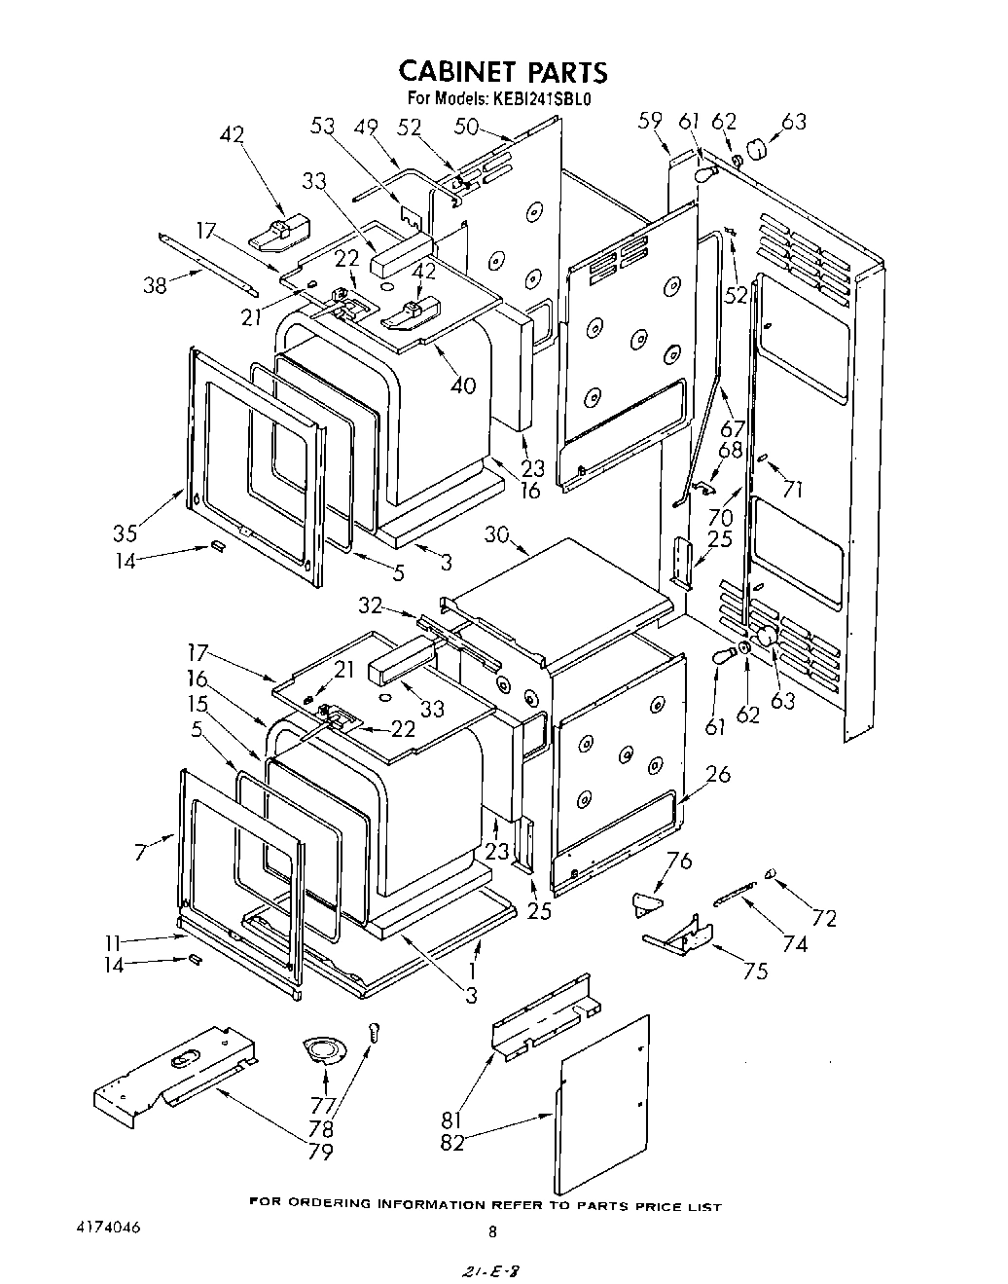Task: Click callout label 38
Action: tap(156, 284)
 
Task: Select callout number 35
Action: tap(125, 532)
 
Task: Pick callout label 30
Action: tap(497, 535)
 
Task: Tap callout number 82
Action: tap(452, 1143)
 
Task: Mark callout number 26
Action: tap(718, 775)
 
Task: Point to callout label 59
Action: tap(651, 121)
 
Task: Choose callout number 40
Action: tap(464, 385)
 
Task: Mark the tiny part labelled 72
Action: tap(770, 874)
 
